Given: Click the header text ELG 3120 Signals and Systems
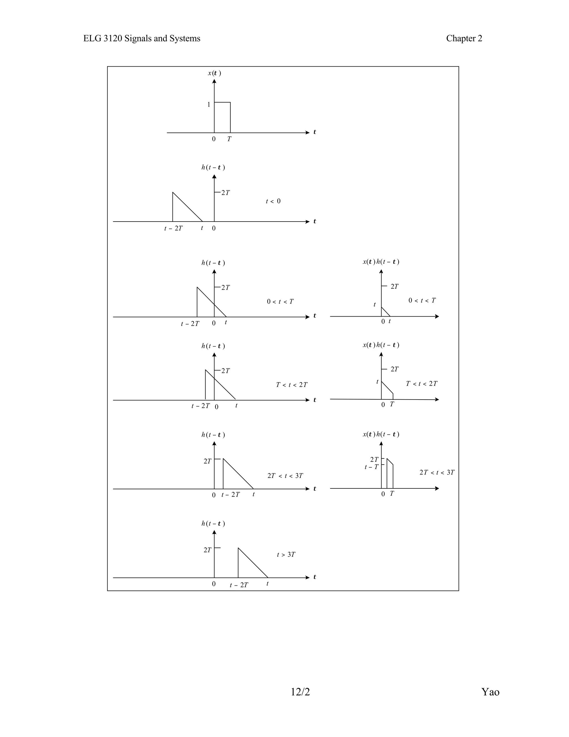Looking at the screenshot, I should click(141, 39).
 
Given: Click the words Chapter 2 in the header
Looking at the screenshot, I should click(464, 39).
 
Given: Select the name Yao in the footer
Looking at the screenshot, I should click(490, 692).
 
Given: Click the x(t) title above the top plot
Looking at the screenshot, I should click(214, 73).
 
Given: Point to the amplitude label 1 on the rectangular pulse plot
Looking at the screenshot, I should click(209, 105).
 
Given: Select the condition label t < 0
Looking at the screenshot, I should click(273, 201).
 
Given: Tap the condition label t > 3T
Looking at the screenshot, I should click(286, 555).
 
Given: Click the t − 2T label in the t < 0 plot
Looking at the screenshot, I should click(173, 229).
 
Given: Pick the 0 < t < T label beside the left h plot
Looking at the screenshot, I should click(280, 301).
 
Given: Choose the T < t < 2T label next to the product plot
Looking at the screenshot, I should click(421, 384).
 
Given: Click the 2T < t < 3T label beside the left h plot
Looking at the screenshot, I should click(285, 476).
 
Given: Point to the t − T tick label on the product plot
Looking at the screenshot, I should click(371, 467).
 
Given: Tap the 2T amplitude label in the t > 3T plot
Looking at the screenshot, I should click(207, 550).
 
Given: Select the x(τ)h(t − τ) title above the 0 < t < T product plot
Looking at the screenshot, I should click(381, 262).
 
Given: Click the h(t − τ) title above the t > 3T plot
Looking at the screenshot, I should click(213, 523).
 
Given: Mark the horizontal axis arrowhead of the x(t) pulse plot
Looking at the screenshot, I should click(307, 133).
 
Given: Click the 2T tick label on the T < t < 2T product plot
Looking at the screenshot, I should click(395, 369).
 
